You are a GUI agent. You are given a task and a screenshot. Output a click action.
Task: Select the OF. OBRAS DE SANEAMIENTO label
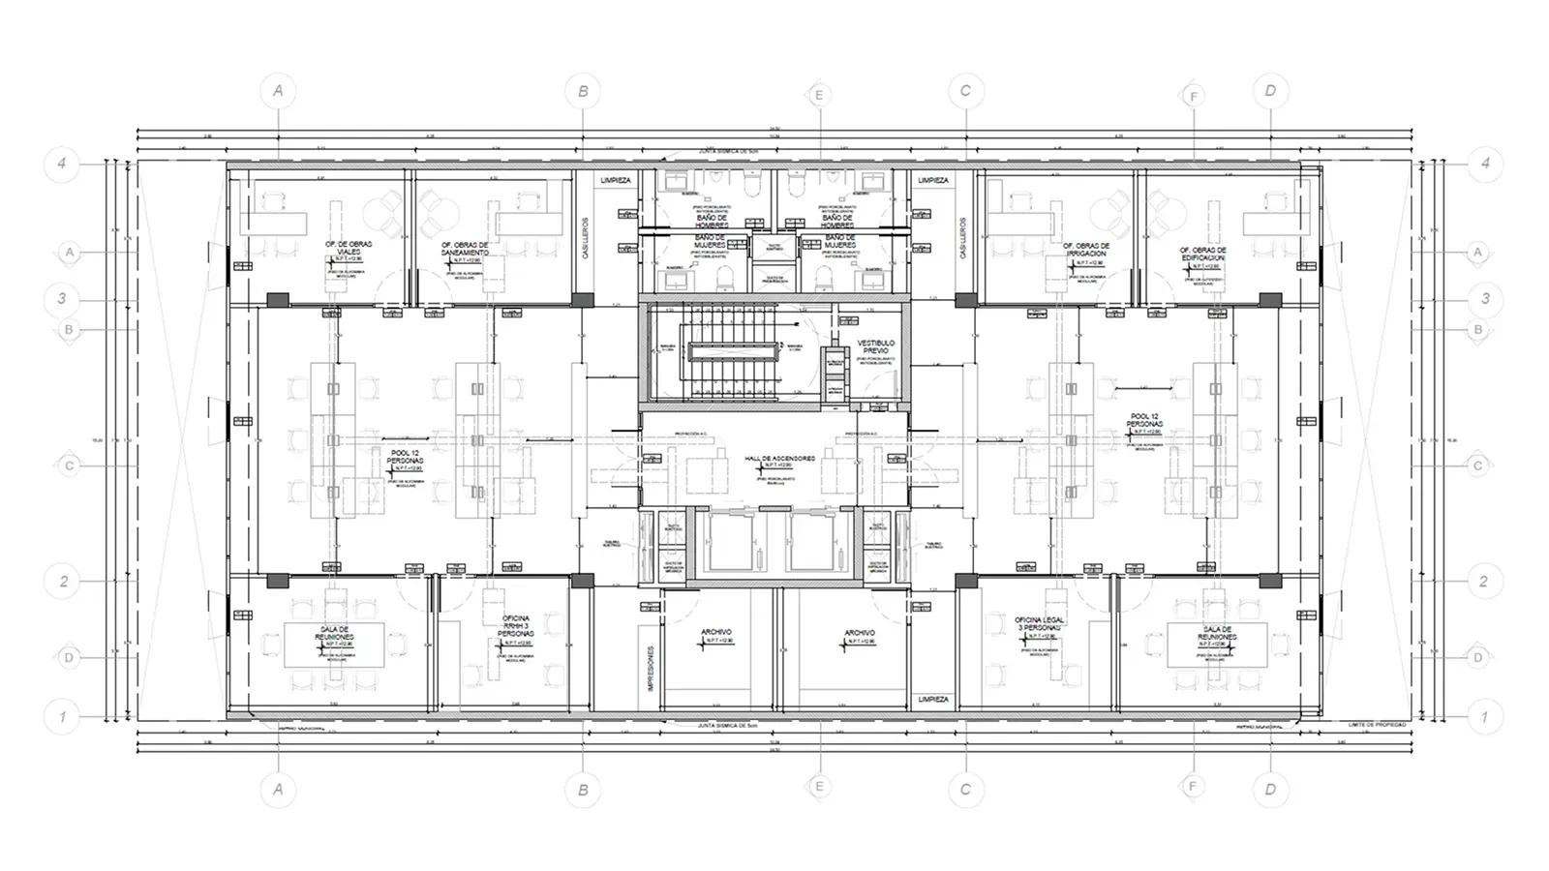[465, 249]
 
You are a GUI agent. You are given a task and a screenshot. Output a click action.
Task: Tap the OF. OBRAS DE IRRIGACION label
[1086, 250]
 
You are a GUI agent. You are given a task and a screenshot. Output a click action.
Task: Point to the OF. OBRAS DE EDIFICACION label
[1202, 254]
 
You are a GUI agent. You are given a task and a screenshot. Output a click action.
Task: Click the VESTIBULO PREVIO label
[876, 346]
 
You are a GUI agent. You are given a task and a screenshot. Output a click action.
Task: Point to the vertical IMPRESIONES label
[652, 669]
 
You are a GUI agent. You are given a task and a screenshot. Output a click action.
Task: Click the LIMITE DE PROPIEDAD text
[1376, 724]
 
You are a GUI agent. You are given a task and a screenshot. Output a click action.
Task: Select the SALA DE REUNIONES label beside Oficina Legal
[1216, 633]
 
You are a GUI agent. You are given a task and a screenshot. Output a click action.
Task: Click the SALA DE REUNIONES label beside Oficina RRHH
[331, 633]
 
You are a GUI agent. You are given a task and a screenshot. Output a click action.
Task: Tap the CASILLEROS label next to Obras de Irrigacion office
[963, 237]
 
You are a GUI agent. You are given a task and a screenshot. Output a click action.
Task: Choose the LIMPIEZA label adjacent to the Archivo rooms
[933, 699]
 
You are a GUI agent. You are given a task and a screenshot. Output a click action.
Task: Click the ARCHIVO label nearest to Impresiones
[716, 633]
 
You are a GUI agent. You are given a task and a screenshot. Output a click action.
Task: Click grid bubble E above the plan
[819, 95]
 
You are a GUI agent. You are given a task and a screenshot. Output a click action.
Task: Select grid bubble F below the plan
[1193, 786]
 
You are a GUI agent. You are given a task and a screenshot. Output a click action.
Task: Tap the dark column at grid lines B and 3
[582, 300]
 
